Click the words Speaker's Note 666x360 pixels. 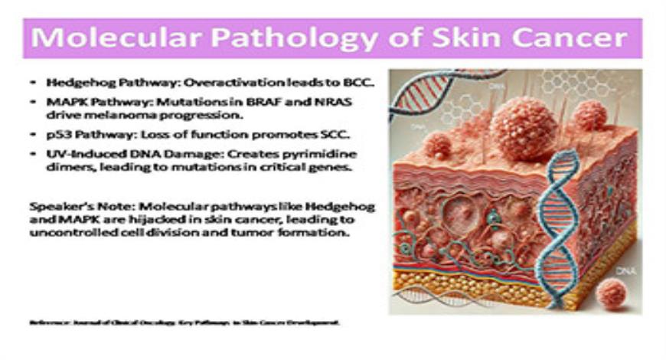[x=66, y=207]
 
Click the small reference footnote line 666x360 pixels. [x=184, y=323]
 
